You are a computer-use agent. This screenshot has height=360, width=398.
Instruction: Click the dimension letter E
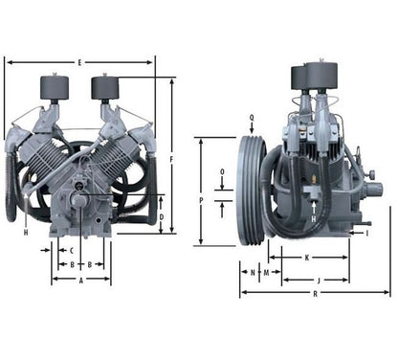79,63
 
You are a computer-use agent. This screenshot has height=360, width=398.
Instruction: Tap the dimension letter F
171,160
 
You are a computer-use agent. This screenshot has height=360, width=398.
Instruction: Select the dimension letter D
162,217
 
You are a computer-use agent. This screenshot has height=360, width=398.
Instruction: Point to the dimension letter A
81,281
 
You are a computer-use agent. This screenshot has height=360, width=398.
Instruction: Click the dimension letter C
72,251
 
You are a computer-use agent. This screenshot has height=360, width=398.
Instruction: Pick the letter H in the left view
26,233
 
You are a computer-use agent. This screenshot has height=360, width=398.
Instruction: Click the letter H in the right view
314,219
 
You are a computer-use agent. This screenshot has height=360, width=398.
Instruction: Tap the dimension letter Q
252,118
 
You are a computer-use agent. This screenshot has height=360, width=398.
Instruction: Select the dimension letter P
201,200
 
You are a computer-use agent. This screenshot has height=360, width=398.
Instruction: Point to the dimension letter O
222,171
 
